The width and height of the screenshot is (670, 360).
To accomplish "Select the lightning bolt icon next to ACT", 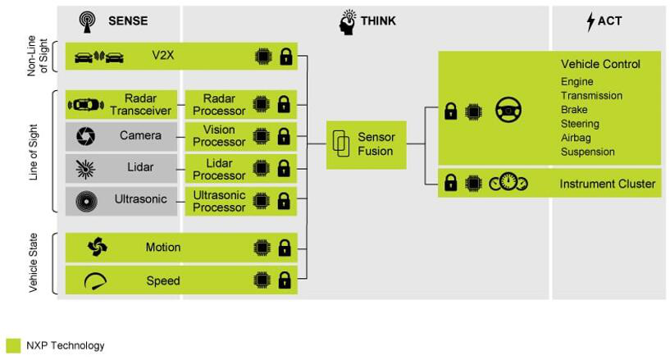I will coord(590,22).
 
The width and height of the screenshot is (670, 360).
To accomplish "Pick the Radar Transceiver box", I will coord(121,104).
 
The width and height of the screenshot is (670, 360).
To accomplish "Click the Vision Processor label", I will coord(219,135).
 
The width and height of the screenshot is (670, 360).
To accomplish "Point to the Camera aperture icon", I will coord(84,135).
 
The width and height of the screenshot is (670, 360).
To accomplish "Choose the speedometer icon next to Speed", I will coord(96,281).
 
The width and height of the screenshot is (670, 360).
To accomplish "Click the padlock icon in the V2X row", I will coord(285,57).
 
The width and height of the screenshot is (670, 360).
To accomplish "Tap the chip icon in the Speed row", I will coord(262,281).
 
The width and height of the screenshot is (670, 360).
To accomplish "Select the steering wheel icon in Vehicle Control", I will coord(508,110).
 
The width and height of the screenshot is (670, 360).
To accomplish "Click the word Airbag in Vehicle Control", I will coord(576,138).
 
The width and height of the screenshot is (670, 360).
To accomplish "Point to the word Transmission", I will coord(590,96).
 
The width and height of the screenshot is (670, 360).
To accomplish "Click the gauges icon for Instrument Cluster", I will coord(508,185).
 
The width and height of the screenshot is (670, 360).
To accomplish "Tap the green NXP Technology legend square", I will coord(12,346).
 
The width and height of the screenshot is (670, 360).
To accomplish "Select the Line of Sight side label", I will coord(34,153).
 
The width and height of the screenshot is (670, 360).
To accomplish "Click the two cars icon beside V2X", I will coord(98,57).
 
